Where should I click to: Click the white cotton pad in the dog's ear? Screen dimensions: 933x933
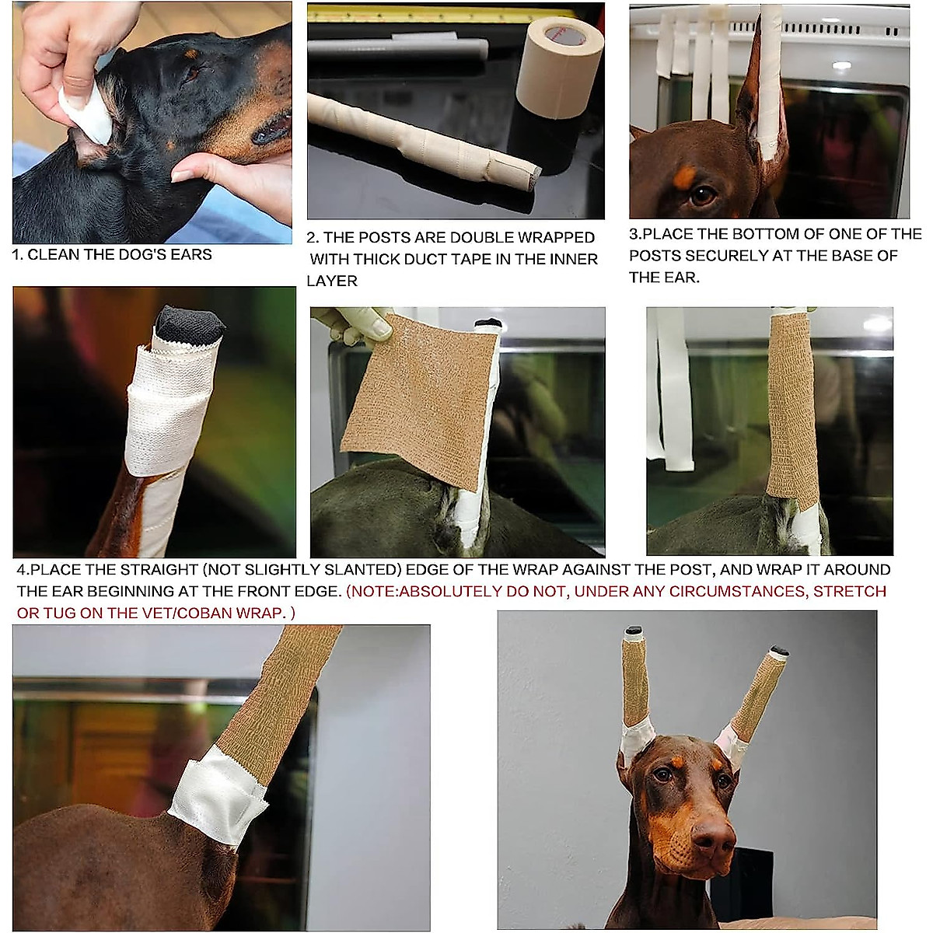(x=84, y=113)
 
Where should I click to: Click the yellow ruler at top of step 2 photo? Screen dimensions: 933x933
(x=435, y=12)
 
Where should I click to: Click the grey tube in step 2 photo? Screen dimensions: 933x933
(x=397, y=51)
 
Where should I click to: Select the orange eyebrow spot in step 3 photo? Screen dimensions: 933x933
(x=683, y=178)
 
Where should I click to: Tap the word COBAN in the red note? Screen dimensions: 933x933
(x=219, y=613)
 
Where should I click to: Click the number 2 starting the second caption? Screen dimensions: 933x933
(x=311, y=237)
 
